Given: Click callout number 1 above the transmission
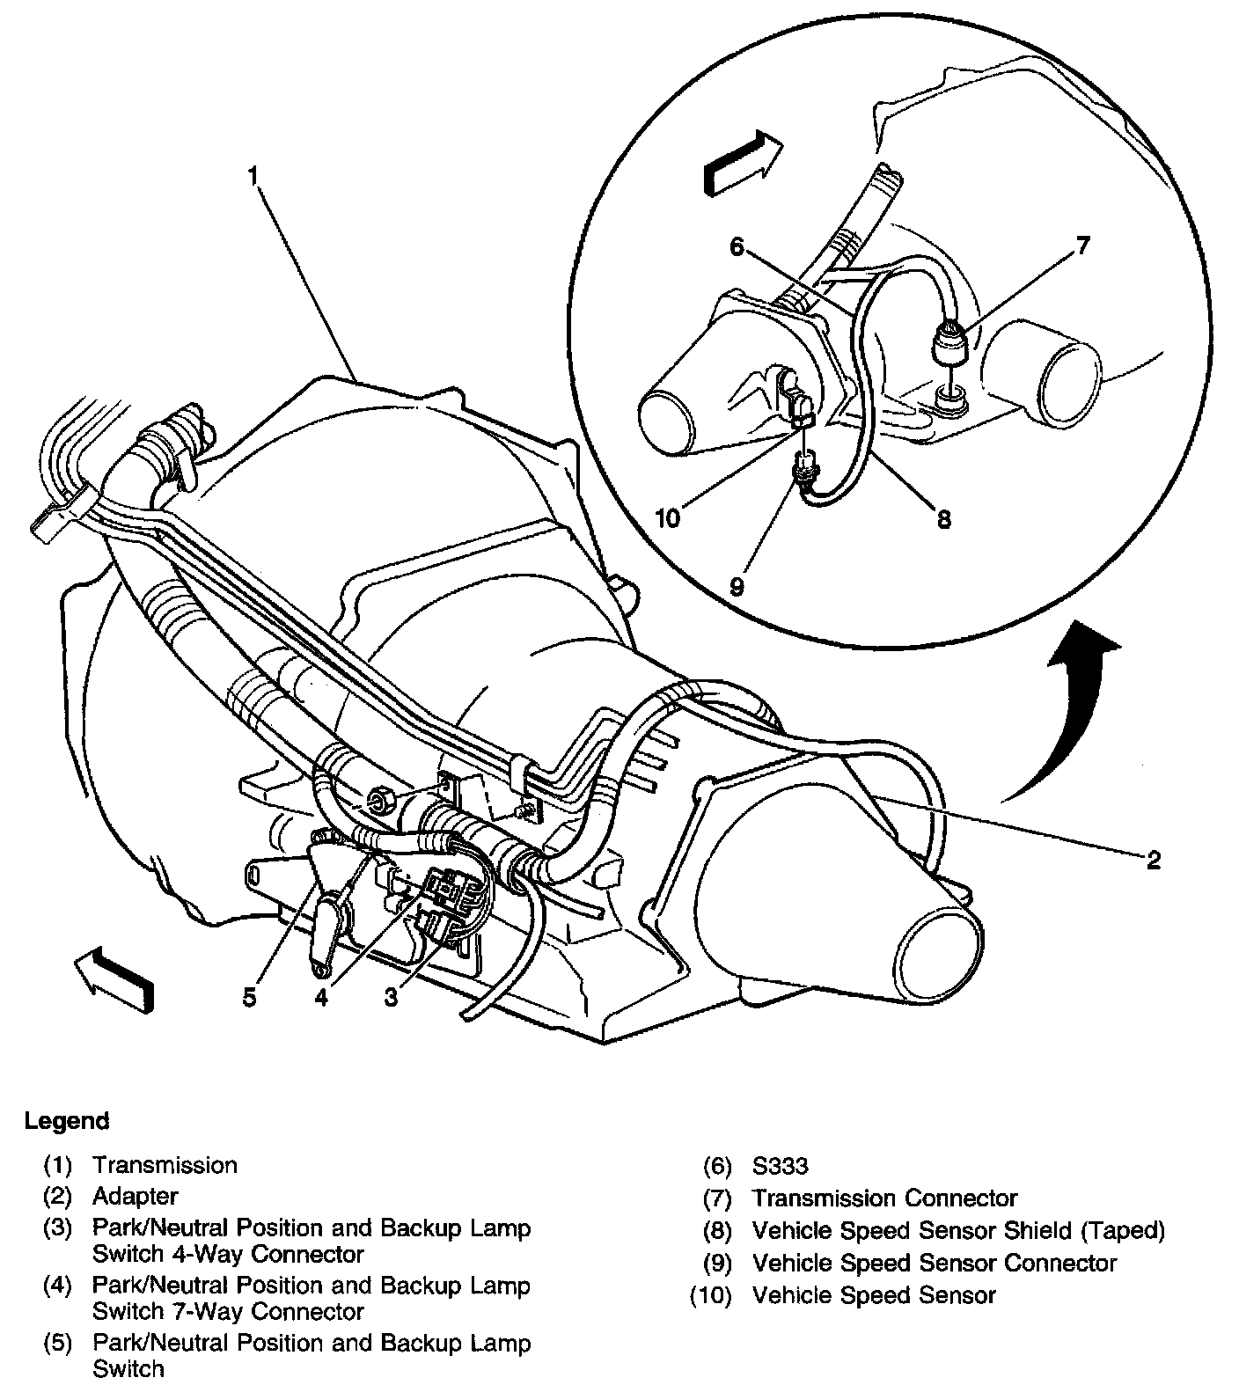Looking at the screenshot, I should (253, 176).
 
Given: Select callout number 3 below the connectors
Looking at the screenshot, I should (391, 996).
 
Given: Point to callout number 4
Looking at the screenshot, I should (322, 998).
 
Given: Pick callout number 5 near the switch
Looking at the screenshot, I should (250, 998).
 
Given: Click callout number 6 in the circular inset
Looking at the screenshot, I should (737, 247).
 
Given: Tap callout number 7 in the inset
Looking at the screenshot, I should (1082, 245).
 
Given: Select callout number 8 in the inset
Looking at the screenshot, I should (944, 519).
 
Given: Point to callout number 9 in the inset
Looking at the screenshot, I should (737, 586).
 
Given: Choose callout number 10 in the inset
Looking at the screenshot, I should (668, 517).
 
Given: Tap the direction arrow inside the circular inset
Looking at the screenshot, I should (742, 161).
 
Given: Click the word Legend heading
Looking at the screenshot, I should (67, 1121).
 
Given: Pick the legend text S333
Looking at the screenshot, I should (780, 1166).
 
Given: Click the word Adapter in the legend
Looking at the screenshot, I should (135, 1197).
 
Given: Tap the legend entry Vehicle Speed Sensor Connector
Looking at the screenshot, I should (934, 1263).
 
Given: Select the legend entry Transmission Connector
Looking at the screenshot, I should (884, 1198).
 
